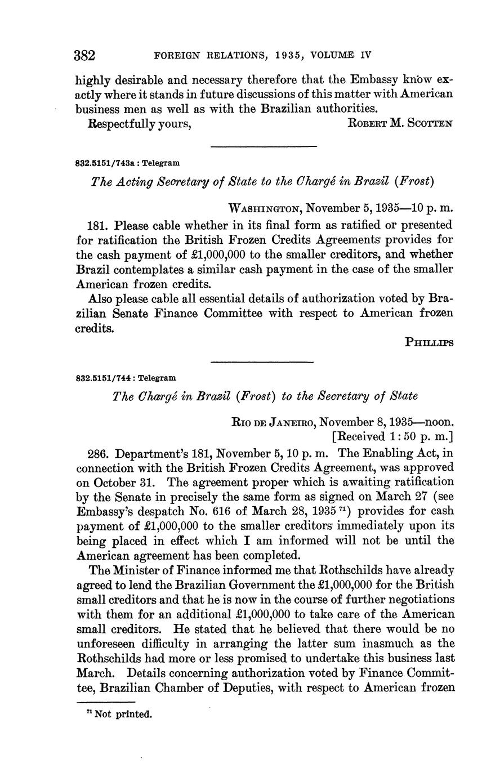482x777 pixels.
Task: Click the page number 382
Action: pyautogui.click(x=85, y=56)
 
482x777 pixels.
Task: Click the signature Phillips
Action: pyautogui.click(x=429, y=342)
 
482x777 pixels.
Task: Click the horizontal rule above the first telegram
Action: pyautogui.click(x=264, y=148)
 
